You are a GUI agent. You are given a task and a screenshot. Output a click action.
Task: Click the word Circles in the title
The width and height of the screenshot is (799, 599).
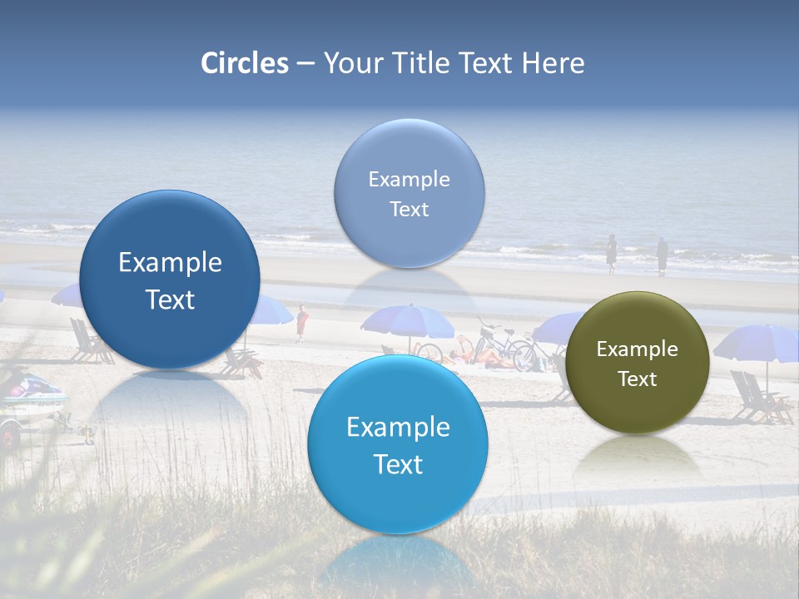click(x=245, y=63)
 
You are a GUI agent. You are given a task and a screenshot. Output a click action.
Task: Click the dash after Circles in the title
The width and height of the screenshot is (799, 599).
click(x=305, y=64)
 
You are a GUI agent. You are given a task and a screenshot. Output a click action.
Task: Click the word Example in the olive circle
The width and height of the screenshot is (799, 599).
click(x=638, y=349)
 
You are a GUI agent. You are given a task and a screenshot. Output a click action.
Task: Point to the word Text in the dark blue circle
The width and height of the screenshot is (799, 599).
click(x=170, y=299)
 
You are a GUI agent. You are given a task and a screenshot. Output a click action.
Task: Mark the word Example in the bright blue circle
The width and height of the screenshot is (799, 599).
click(x=398, y=428)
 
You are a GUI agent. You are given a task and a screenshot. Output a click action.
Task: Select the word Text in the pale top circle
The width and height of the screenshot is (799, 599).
click(x=409, y=209)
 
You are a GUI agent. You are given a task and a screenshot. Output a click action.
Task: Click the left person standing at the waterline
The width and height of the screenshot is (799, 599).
click(x=612, y=254)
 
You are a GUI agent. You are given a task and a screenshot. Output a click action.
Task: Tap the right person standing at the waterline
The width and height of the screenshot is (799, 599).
click(x=662, y=255)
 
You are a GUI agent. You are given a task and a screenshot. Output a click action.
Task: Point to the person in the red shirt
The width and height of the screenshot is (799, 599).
click(x=302, y=323)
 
